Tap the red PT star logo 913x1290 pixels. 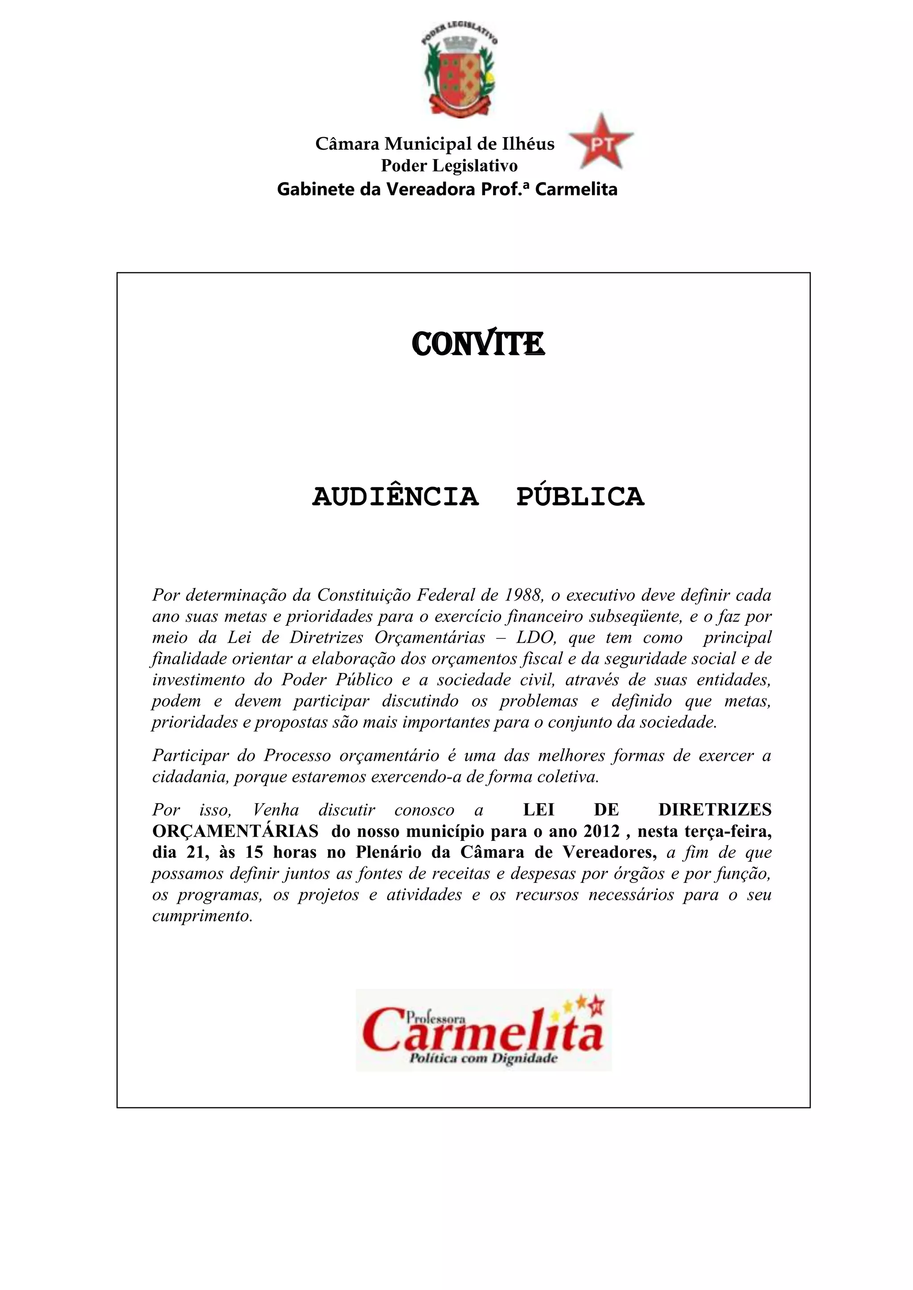(601, 142)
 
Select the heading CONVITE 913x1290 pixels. (478, 344)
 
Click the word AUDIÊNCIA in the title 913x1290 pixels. (395, 497)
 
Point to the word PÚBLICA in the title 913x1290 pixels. (580, 497)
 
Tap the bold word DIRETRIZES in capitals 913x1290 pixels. (715, 810)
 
